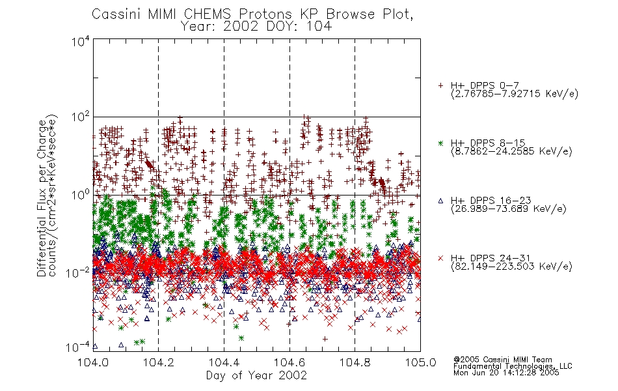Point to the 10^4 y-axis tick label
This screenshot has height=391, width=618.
(x=81, y=42)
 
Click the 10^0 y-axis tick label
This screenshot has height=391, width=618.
(x=81, y=195)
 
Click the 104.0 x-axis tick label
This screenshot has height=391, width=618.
(x=93, y=362)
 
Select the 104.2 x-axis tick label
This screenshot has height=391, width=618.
(x=159, y=362)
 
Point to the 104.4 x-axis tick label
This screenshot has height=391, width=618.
(x=224, y=362)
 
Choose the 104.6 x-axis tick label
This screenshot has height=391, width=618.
(x=289, y=362)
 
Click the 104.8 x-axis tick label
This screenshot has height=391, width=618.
(x=355, y=362)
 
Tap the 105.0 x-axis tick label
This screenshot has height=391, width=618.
(x=420, y=362)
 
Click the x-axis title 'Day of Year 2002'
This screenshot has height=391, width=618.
(x=256, y=375)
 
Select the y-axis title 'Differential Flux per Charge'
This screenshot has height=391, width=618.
(x=42, y=198)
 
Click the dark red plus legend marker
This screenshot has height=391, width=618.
(x=440, y=85)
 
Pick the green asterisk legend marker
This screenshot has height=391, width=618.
(x=440, y=143)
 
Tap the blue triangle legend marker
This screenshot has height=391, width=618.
(x=440, y=201)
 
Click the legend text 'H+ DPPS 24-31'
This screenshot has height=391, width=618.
(x=490, y=258)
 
